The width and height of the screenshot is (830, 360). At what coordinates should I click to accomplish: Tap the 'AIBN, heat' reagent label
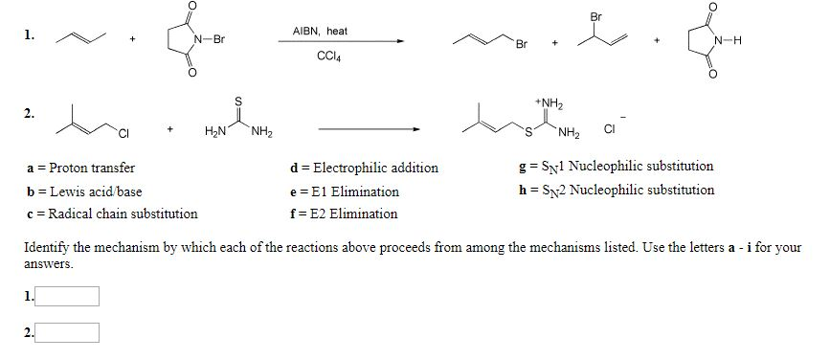coord(321,32)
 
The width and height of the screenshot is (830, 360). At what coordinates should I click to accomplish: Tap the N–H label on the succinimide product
coord(730,40)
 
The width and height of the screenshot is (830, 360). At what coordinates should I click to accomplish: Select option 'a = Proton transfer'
coord(81,168)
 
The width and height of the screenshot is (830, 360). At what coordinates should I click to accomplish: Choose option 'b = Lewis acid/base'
coord(85,191)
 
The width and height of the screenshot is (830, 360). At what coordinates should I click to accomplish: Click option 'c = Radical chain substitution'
coord(113,214)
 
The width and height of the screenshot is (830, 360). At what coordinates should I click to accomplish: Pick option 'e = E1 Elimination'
coord(344,191)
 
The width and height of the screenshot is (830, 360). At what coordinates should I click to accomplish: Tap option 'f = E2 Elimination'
coord(344,214)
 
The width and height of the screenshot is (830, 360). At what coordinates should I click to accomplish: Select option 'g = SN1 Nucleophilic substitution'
coord(614,167)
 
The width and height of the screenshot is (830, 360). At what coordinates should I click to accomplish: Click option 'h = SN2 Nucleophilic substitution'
coord(614,190)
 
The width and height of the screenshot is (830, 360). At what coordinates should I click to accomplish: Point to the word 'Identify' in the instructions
coord(45,247)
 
